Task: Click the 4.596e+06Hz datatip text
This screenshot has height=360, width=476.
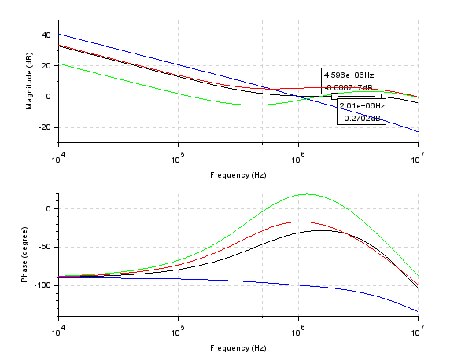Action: (349, 75)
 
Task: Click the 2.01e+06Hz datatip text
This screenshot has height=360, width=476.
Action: (362, 105)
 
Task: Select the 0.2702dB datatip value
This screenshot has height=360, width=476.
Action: (362, 118)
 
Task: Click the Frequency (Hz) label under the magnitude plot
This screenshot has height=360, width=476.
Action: (238, 174)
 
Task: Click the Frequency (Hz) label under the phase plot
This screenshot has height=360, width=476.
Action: (238, 347)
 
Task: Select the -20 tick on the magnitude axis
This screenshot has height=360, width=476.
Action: (43, 127)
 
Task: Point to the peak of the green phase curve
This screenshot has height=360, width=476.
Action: (307, 194)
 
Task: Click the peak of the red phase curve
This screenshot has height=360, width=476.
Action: (299, 222)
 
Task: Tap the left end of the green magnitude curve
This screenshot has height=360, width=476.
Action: (59, 64)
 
